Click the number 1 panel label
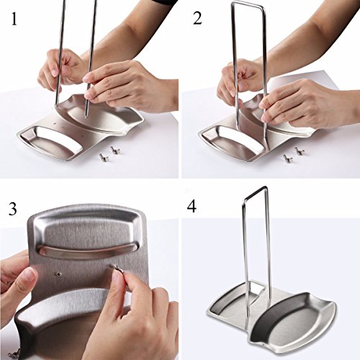(x=14, y=19)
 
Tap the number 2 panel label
(x=197, y=19)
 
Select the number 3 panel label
(x=12, y=208)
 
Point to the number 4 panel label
(x=192, y=206)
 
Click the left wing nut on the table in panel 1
(x=104, y=158)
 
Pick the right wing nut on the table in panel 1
(x=114, y=150)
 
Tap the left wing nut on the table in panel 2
(x=287, y=158)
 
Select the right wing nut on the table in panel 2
(x=299, y=150)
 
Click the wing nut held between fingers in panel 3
(x=118, y=269)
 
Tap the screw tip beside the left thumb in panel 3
(x=58, y=274)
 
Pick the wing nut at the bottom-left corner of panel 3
(x=13, y=355)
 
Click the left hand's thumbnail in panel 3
(x=30, y=276)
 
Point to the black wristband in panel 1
(x=163, y=3)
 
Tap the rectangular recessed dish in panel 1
(x=52, y=141)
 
